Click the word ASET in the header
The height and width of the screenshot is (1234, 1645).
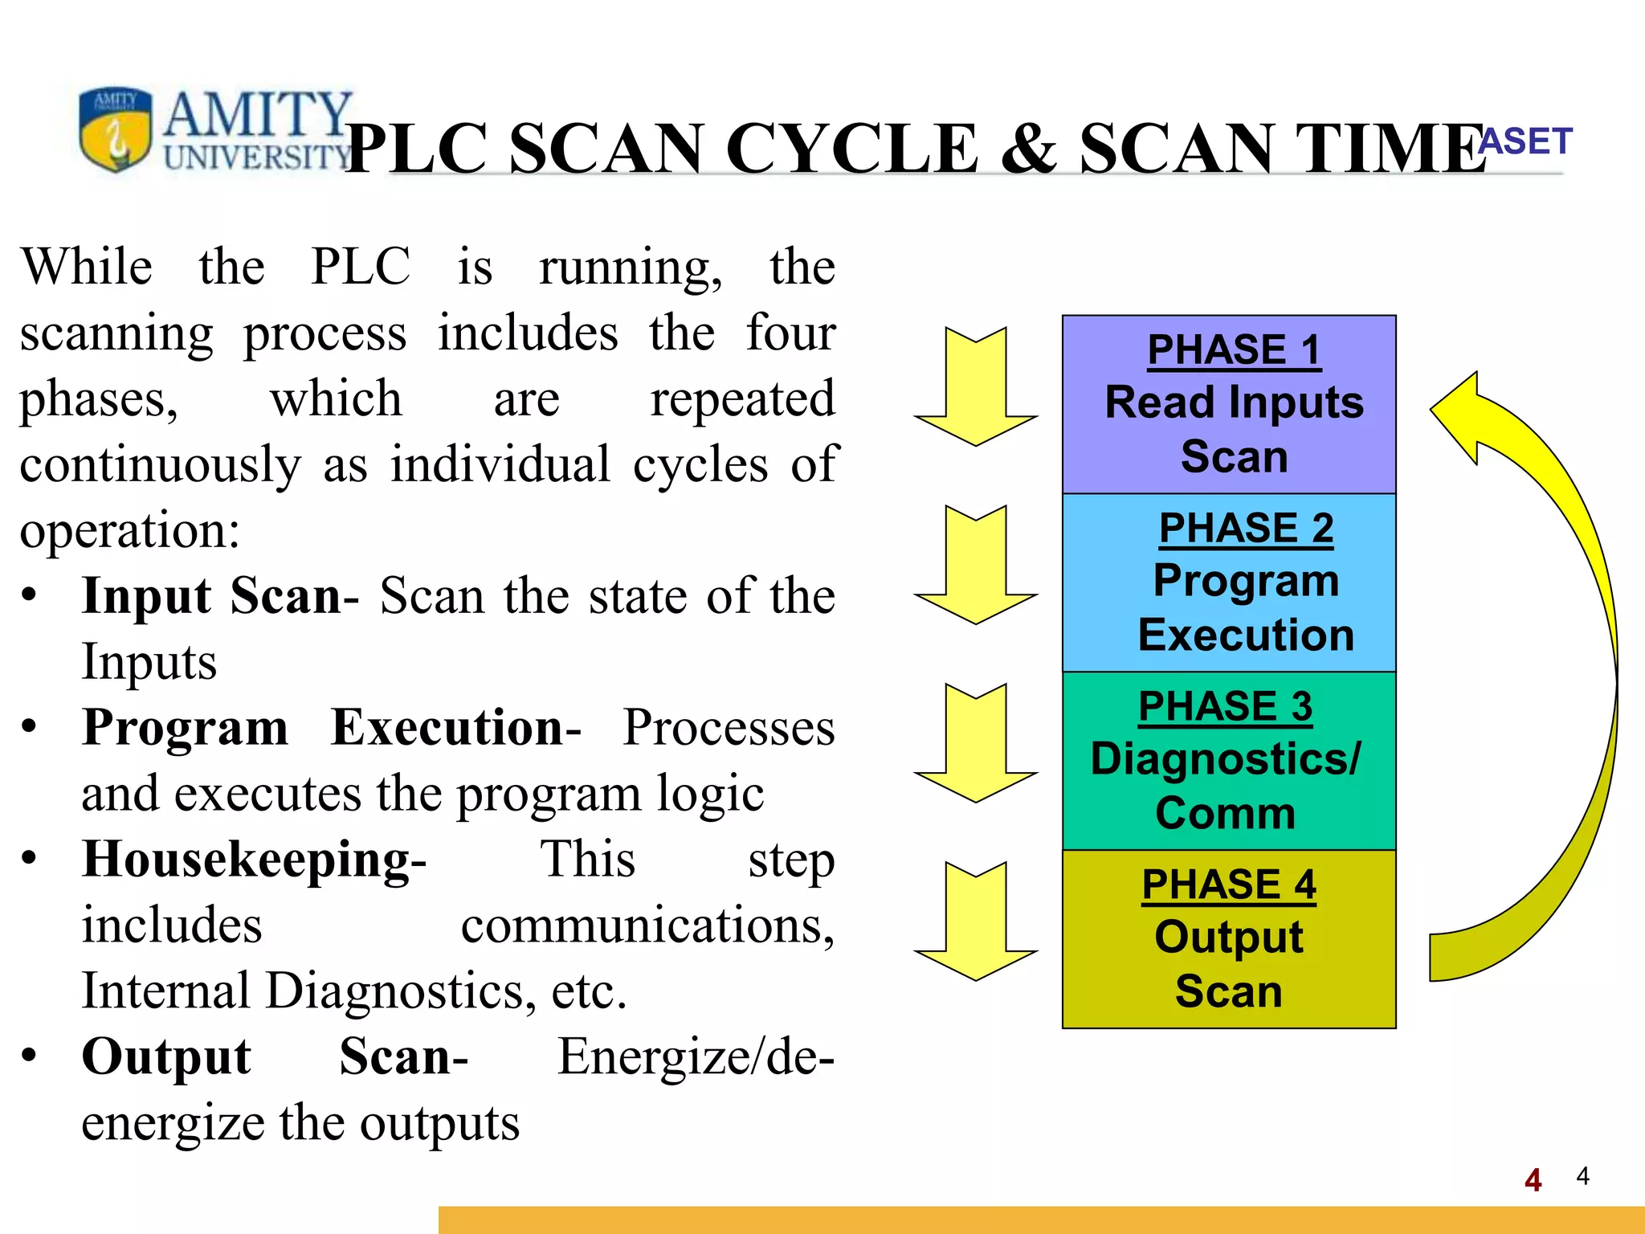(1525, 141)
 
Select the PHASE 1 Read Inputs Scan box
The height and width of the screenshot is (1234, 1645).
(1229, 404)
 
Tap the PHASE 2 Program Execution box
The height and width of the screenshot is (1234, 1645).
(1229, 582)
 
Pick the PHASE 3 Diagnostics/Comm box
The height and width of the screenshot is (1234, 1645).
(1229, 761)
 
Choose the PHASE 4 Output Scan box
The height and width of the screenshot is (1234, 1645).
(1229, 939)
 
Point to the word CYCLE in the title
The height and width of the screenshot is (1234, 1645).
(851, 149)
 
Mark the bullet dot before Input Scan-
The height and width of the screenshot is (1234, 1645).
(30, 596)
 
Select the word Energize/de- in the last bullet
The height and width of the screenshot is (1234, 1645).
(696, 1056)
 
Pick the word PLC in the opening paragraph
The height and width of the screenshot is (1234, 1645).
(361, 267)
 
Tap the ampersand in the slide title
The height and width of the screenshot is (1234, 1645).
(1028, 149)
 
